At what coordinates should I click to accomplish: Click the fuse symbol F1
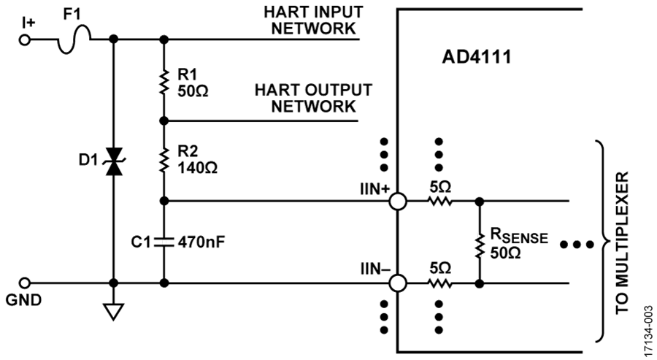(74, 39)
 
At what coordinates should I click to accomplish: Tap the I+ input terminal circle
(25, 40)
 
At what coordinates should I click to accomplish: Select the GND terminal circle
(25, 283)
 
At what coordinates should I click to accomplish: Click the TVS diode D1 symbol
(114, 161)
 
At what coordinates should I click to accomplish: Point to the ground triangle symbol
(114, 311)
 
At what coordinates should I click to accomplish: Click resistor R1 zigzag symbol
(164, 81)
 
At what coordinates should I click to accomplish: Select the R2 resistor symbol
(164, 161)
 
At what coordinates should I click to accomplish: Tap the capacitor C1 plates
(164, 242)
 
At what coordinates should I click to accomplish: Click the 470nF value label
(201, 242)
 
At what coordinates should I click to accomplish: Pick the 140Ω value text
(198, 168)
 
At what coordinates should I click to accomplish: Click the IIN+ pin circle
(398, 202)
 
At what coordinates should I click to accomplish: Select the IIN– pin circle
(398, 283)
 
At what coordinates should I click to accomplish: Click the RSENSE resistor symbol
(480, 242)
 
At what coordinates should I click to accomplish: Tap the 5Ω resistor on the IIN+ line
(439, 202)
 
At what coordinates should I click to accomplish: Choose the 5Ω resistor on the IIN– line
(439, 283)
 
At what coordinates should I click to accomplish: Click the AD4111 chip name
(477, 57)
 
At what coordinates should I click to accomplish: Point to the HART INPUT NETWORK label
(313, 20)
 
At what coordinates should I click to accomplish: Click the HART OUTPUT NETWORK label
(313, 98)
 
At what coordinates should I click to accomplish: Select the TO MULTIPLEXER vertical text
(622, 242)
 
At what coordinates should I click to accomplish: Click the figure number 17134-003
(648, 331)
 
